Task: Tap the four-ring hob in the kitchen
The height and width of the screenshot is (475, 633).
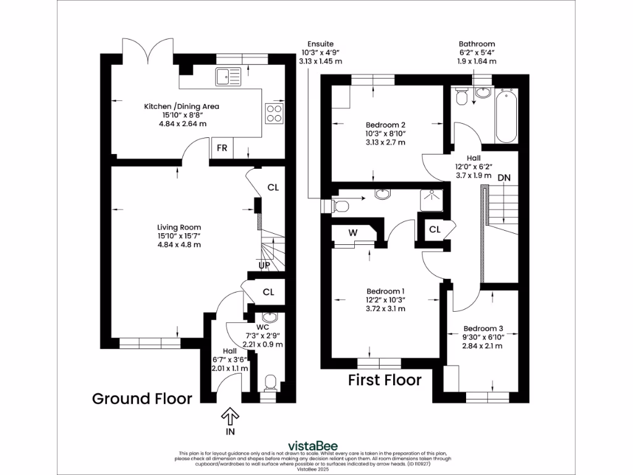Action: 274,113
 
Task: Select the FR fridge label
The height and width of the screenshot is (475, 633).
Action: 221,149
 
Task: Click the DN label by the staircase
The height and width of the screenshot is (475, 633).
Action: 504,178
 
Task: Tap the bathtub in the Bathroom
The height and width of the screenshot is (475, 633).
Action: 506,116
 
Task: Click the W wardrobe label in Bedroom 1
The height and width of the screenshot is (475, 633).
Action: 352,233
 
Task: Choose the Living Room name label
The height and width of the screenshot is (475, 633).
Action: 179,227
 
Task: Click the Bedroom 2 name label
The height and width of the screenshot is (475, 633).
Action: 385,122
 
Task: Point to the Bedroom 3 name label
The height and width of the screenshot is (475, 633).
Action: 483,328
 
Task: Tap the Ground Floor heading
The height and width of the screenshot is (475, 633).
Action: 142,398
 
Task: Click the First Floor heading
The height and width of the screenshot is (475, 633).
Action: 384,380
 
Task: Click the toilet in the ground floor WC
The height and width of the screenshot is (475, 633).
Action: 269,383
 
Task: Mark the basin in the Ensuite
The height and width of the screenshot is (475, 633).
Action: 382,195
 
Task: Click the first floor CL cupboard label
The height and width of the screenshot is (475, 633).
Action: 435,229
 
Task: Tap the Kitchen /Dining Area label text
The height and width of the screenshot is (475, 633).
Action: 182,106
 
